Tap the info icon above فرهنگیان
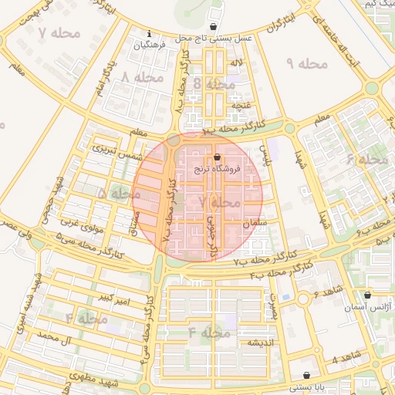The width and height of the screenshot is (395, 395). tap(149, 34)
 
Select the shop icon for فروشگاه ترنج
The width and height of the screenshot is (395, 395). tap(217, 156)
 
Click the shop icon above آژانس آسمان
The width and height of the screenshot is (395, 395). tap(366, 295)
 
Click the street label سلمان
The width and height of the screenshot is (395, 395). tap(253, 223)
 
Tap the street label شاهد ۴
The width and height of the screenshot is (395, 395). tap(346, 360)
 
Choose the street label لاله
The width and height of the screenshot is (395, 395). tap(237, 62)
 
